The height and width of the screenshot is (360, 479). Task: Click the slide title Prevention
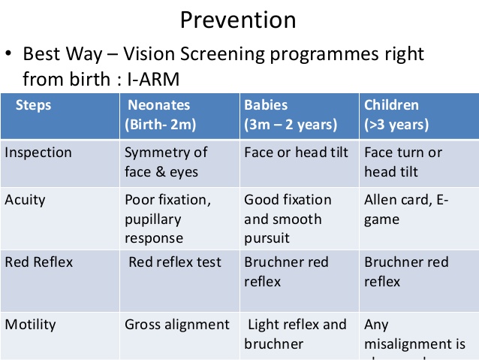(238, 20)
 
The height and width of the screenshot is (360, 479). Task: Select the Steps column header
(34, 105)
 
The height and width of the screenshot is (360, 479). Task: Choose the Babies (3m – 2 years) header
(291, 115)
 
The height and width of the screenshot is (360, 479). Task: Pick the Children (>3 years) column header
(396, 115)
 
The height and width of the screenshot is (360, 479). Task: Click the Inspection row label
(39, 153)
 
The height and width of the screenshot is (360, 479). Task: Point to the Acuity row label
(25, 200)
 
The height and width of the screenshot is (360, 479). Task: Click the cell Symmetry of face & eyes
(166, 162)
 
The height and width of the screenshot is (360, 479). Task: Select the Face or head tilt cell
(297, 153)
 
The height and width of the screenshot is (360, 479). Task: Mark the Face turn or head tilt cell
(403, 162)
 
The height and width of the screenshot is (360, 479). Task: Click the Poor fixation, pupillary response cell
(168, 219)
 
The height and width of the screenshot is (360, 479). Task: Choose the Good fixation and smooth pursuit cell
(288, 219)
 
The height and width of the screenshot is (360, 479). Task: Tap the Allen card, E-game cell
(406, 210)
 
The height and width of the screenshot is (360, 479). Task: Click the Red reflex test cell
(175, 262)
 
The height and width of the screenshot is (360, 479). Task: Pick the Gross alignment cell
(177, 325)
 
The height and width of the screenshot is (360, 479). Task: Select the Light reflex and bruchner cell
(296, 334)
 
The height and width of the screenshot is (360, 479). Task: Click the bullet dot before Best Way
(9, 56)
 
